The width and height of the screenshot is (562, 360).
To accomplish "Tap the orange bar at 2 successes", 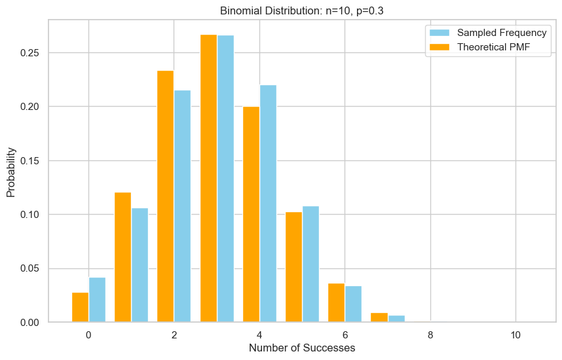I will click(x=165, y=196).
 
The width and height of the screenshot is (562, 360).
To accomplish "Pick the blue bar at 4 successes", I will click(x=268, y=204).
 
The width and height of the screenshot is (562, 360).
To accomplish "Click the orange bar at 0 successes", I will click(x=80, y=307).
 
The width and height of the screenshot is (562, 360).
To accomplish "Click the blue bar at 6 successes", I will click(x=353, y=304).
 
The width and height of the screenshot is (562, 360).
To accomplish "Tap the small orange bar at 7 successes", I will click(x=379, y=317).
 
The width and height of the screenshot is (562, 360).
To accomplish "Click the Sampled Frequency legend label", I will click(x=501, y=33).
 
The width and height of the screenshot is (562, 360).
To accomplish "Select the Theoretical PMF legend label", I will click(x=495, y=47).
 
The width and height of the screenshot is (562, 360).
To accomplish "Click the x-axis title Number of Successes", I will click(x=302, y=348).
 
